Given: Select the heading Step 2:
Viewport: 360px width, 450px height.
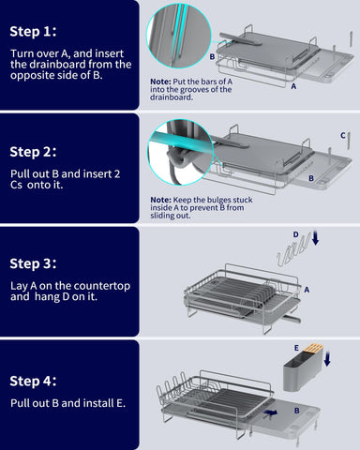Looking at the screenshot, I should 34,150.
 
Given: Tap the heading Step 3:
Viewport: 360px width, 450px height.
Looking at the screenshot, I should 34,263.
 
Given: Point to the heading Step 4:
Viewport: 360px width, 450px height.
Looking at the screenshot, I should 34,381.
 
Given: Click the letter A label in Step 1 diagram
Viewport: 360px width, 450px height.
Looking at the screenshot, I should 293,85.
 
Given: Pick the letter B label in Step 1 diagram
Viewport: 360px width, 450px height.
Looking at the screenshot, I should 212,56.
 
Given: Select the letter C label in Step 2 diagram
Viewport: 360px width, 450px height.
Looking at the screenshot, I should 343,135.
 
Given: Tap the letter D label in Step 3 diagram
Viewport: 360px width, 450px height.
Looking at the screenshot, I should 295,234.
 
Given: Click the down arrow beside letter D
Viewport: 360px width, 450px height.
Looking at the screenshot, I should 314,240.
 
